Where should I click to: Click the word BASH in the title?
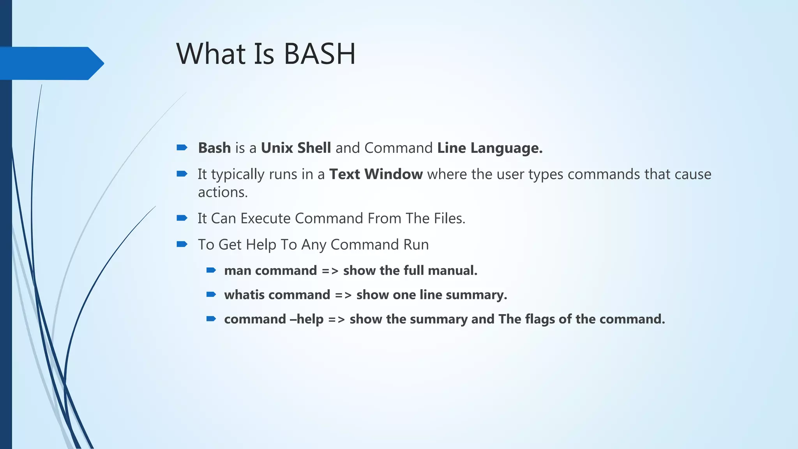[320, 54]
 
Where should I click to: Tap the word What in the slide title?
[212, 54]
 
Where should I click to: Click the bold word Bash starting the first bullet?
[214, 148]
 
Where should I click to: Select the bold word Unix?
[277, 148]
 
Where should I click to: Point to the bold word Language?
[506, 148]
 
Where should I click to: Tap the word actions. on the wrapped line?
[223, 192]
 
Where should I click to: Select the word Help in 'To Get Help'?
[261, 244]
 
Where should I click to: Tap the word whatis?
[244, 295]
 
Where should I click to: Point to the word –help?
[307, 319]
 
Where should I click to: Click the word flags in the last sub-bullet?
[540, 319]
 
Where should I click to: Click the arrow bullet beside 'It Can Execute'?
[182, 218]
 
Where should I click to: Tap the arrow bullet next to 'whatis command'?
[211, 294]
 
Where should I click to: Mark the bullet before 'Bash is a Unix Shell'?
[182, 147]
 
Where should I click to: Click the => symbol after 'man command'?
[330, 271]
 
